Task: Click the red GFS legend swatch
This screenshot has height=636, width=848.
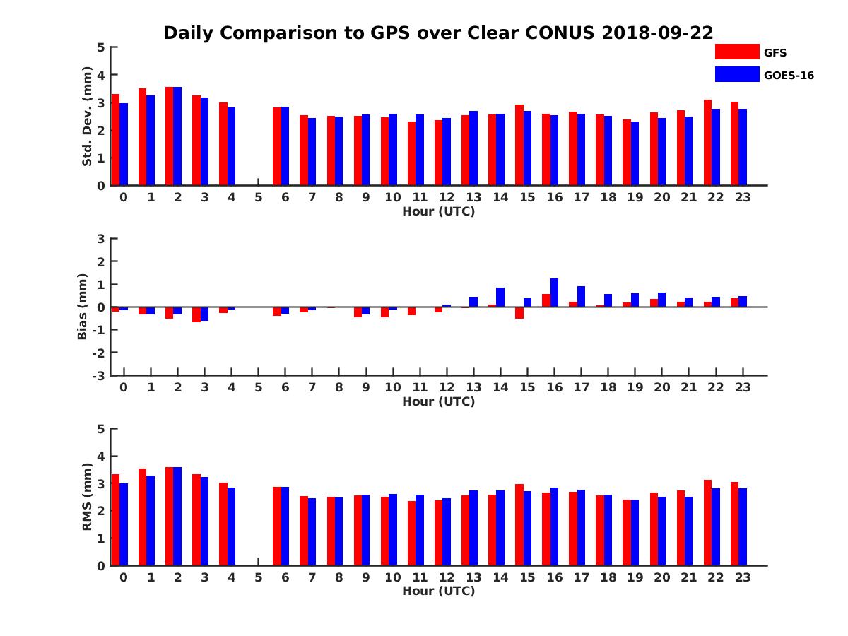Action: click(x=737, y=52)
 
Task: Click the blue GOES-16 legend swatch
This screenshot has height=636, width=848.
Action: click(x=737, y=74)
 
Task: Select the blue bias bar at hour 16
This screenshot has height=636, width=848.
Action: click(x=555, y=293)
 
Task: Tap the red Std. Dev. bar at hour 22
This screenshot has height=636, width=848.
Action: click(x=707, y=142)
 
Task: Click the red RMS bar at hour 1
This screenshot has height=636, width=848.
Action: click(x=142, y=517)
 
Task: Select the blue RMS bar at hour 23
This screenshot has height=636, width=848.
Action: click(x=743, y=526)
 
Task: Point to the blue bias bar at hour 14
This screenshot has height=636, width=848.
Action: click(x=500, y=297)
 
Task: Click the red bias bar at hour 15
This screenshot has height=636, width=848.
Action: click(x=519, y=312)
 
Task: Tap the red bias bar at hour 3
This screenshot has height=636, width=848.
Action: click(x=196, y=314)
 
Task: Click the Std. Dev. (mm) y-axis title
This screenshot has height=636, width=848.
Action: click(x=87, y=117)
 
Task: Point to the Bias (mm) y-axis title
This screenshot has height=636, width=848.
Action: click(x=83, y=307)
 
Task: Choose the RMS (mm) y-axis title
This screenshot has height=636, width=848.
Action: click(x=87, y=497)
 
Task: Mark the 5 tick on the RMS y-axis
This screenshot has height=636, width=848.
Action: click(x=101, y=429)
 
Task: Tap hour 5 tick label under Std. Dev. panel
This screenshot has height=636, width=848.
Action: click(x=258, y=197)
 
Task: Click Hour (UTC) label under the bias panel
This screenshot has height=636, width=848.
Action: click(x=438, y=401)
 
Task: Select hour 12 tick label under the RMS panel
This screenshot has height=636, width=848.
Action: click(x=447, y=577)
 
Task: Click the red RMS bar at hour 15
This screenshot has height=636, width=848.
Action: click(x=519, y=524)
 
